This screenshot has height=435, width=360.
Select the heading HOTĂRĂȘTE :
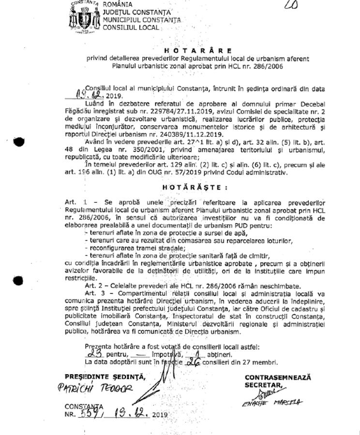[x=195, y=187]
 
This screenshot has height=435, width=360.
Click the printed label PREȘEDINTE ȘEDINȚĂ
[x=105, y=377]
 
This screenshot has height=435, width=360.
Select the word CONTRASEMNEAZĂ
[x=278, y=377]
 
